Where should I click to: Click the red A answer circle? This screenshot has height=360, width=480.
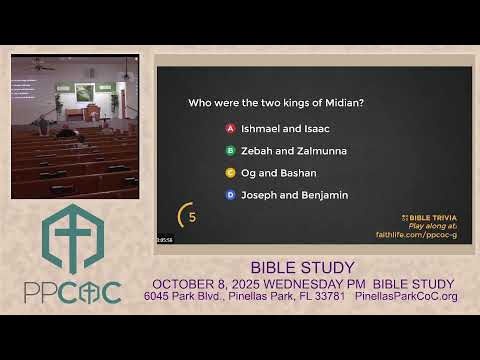pos(230,129)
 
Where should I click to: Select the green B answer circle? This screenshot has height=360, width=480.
pos(230,151)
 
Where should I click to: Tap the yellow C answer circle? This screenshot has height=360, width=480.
pos(230,173)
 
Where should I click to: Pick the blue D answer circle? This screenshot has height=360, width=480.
pos(230,195)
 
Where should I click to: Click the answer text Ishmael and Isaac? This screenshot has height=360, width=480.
pos(285,129)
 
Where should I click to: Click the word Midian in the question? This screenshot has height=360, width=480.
pos(339,103)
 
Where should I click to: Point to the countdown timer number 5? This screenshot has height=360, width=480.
pos(191,216)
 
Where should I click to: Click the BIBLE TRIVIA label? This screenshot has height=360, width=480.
pos(432,217)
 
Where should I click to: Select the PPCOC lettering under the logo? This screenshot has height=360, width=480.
pos(72,292)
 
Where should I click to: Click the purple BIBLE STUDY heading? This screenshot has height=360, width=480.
pos(301,268)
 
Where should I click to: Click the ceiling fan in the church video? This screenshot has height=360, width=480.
pos(40,66)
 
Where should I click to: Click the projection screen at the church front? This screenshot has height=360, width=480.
pos(85,92)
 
